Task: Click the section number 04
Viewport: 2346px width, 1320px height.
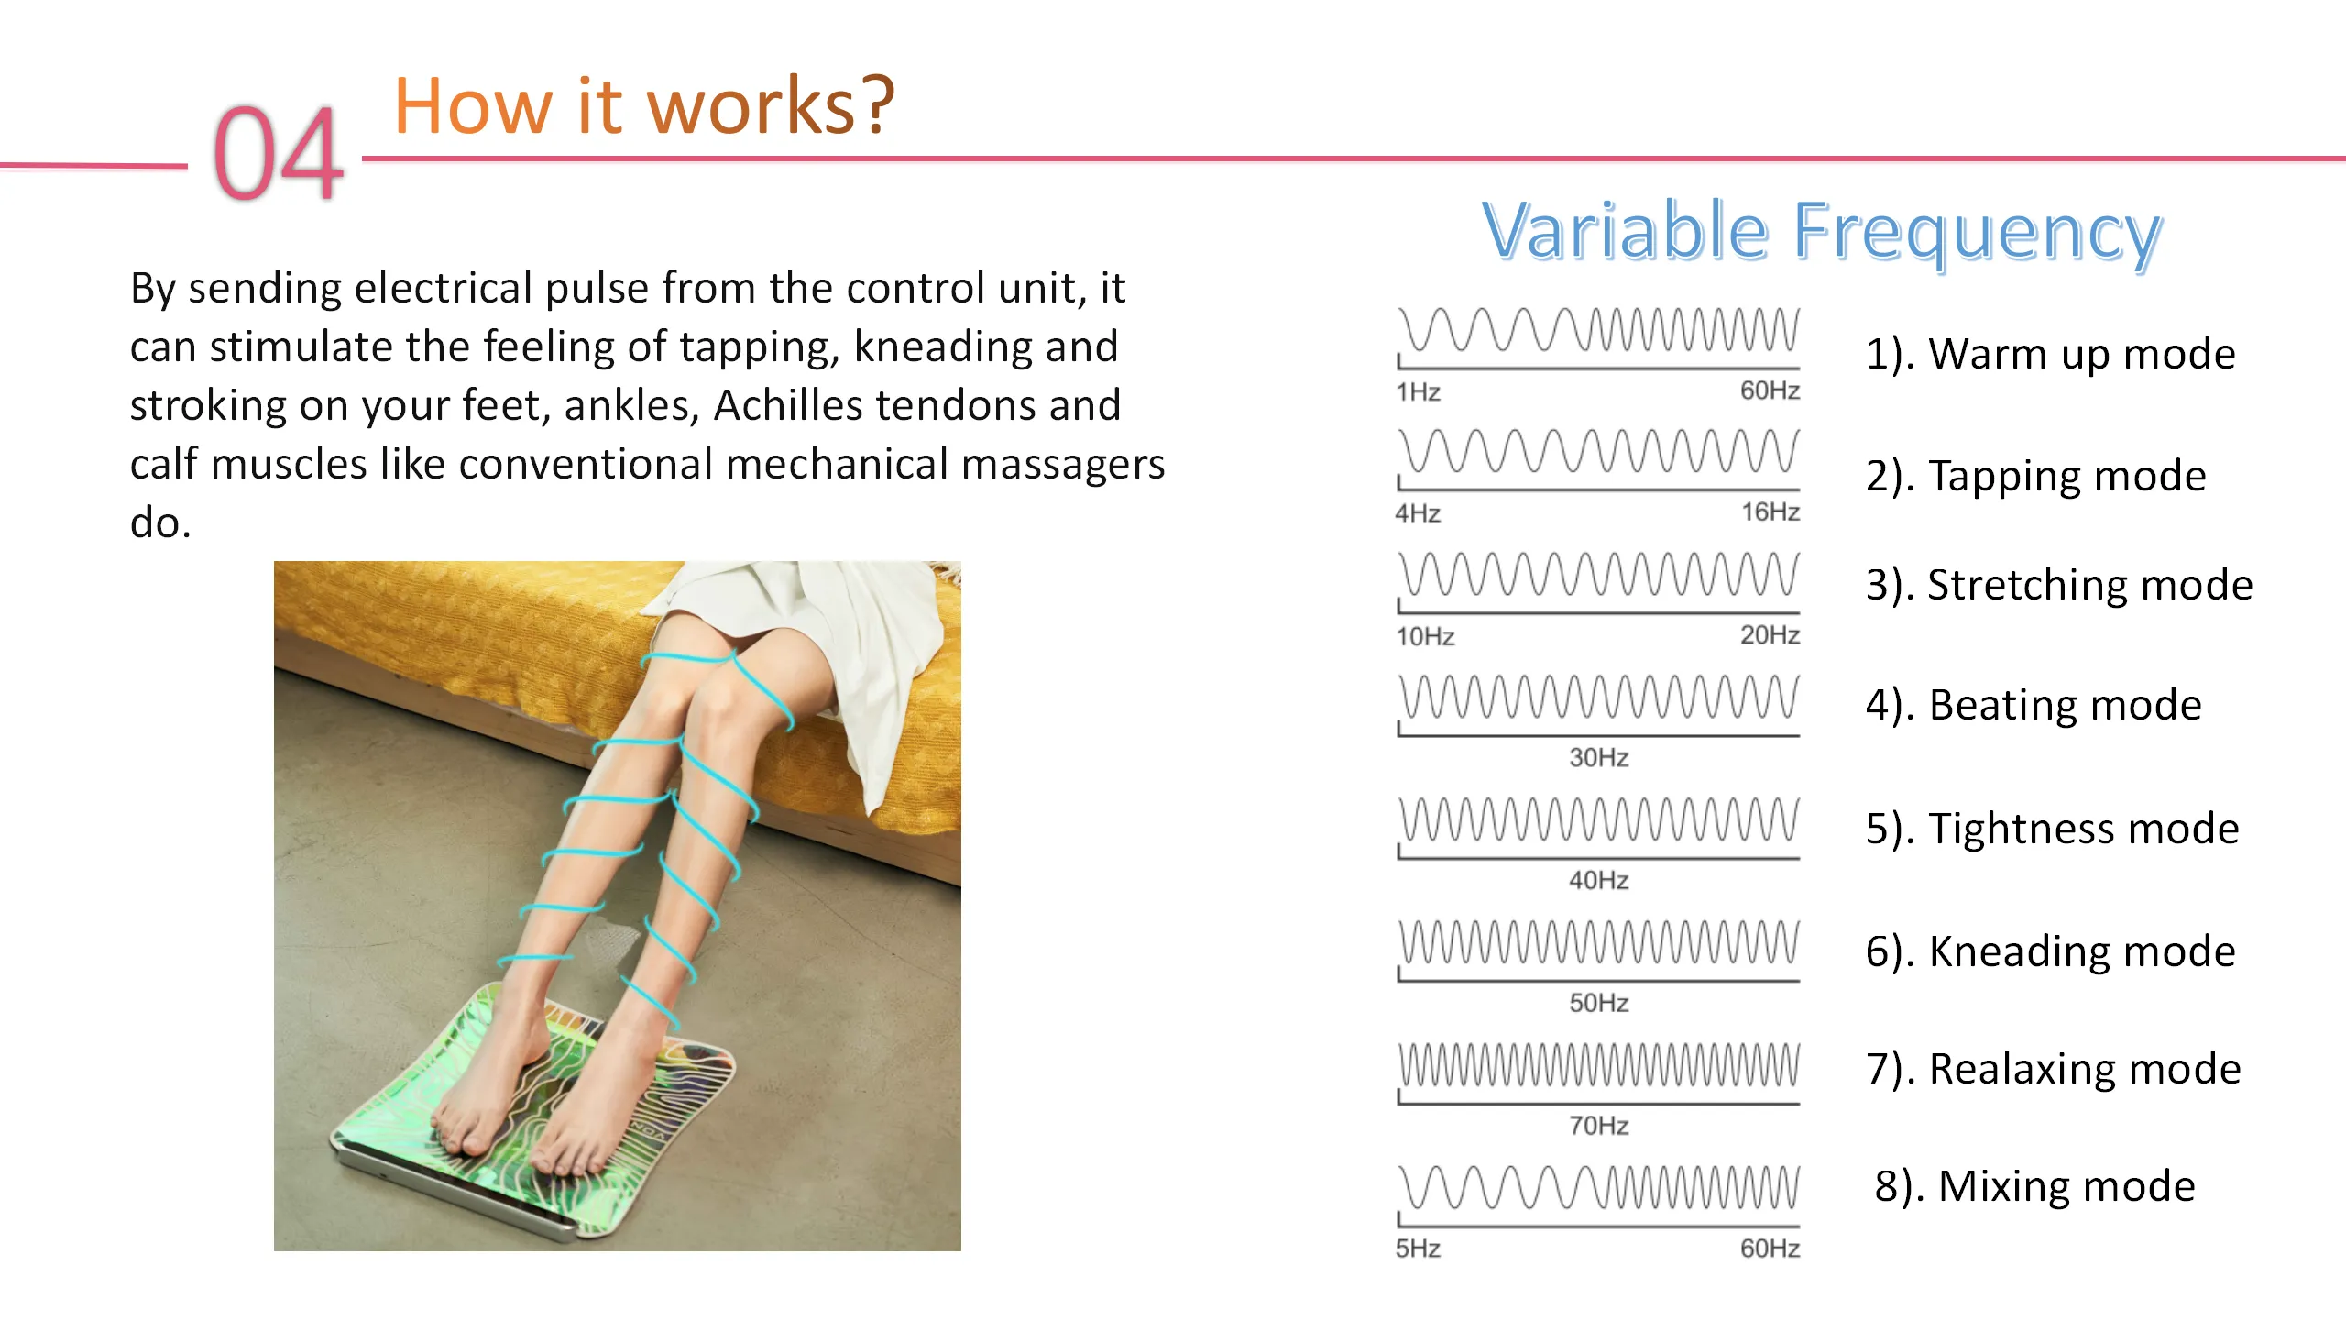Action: (279, 152)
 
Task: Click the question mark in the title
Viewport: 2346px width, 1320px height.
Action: (877, 104)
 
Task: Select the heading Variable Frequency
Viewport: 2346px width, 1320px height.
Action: (1822, 231)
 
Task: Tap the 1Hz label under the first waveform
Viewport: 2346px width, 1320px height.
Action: (1418, 392)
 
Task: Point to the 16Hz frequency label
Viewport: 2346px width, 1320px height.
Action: (1770, 511)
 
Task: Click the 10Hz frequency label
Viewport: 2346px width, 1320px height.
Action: (1425, 636)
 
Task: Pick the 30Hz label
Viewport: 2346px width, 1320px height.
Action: (1599, 757)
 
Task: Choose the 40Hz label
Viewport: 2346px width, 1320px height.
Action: (1599, 880)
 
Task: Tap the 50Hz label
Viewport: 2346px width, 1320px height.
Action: (1599, 1003)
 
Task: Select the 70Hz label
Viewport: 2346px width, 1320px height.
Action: (1599, 1125)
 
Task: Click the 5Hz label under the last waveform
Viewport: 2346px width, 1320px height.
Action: (1418, 1248)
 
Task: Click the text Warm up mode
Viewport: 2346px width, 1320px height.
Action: (2082, 355)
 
